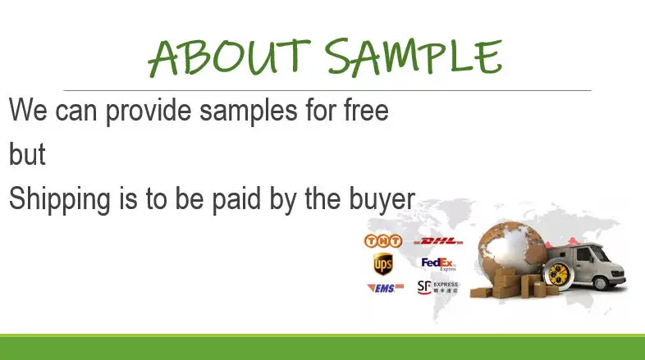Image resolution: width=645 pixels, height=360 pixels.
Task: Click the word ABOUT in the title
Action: [x=229, y=57]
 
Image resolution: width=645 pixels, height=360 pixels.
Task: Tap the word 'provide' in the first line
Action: [x=149, y=112]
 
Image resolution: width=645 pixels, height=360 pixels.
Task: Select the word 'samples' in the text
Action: [x=248, y=112]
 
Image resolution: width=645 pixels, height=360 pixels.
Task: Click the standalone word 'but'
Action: [x=27, y=154]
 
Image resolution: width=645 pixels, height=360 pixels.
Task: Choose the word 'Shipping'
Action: [x=60, y=199]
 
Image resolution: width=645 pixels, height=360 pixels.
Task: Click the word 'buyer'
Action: [x=382, y=200]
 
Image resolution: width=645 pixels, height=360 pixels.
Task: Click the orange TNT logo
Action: [x=383, y=241]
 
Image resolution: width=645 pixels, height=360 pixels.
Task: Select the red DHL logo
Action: [x=438, y=241]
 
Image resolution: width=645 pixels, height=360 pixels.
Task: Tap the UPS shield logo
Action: [x=382, y=263]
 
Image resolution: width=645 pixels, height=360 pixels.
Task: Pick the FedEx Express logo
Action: [x=439, y=264]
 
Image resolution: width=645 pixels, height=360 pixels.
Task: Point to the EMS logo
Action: [x=385, y=288]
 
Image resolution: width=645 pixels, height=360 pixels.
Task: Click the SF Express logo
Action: [x=437, y=287]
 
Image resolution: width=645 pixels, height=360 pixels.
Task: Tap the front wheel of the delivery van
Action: [x=600, y=283]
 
